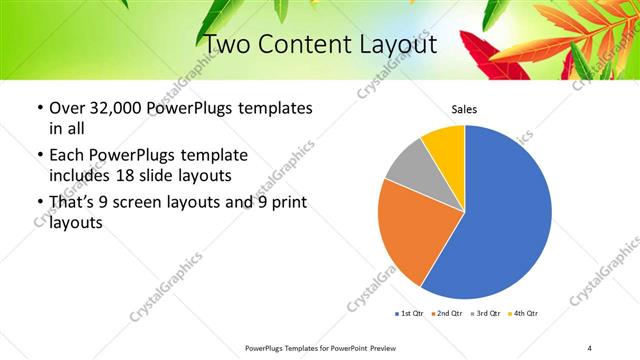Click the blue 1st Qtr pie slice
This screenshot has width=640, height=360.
[505, 215]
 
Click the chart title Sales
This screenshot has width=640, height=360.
[464, 109]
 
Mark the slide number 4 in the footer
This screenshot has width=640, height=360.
[589, 348]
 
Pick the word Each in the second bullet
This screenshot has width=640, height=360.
[68, 155]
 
